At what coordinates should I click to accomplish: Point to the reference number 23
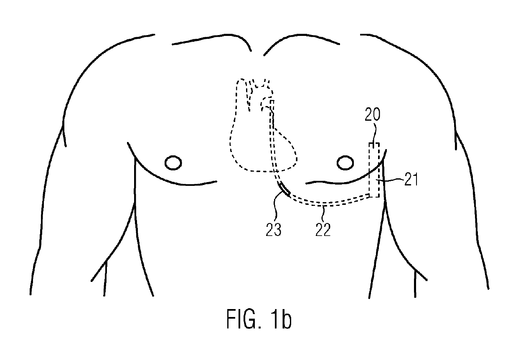[x=274, y=229]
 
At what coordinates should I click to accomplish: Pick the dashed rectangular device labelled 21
[x=374, y=170]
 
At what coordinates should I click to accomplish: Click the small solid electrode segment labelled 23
[x=284, y=188]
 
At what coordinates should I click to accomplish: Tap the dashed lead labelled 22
[x=326, y=204]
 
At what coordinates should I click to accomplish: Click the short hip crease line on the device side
[x=415, y=283]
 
